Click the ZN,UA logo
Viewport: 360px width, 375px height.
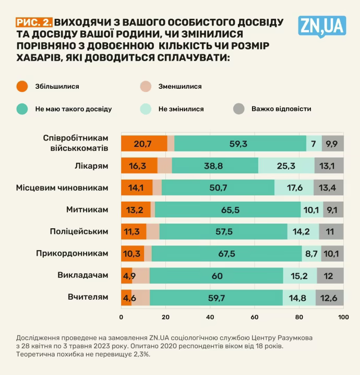pos(322,26)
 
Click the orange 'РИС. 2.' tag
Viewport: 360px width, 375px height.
pos(34,22)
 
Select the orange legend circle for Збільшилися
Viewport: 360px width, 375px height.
pos(22,86)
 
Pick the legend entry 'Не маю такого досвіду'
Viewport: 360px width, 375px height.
pos(73,109)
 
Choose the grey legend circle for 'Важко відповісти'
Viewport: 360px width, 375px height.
pos(238,109)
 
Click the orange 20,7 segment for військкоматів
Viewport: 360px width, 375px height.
pos(143,143)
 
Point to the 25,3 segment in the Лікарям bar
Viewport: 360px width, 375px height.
pos(286,166)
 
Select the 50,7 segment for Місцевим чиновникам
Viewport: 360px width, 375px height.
pos(218,187)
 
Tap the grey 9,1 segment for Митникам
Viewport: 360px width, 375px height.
pos(333,209)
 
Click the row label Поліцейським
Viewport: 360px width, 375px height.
pos(79,231)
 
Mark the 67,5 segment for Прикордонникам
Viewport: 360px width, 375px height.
pos(227,253)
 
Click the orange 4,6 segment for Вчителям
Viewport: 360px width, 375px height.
pos(126,297)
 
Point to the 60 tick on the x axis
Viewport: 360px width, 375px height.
pos(255,318)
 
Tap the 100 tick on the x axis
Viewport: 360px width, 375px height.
pos(343,318)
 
